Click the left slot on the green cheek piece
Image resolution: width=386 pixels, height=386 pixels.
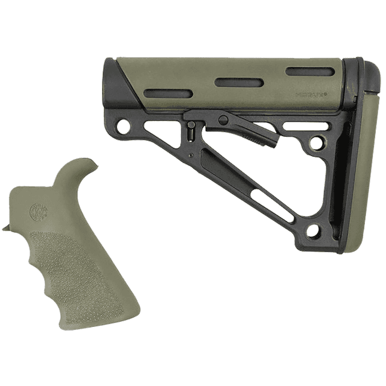coord(168,93)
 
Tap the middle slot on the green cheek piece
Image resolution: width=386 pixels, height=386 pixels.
coord(239,82)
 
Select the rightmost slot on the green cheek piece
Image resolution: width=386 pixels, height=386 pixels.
coord(309,72)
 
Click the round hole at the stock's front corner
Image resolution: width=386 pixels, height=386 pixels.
coord(123,127)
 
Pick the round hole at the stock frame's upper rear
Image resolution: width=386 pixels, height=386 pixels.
coord(315,144)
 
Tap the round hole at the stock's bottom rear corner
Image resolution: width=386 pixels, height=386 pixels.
coord(312,230)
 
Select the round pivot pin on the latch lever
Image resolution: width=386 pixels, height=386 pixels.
coord(223,120)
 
